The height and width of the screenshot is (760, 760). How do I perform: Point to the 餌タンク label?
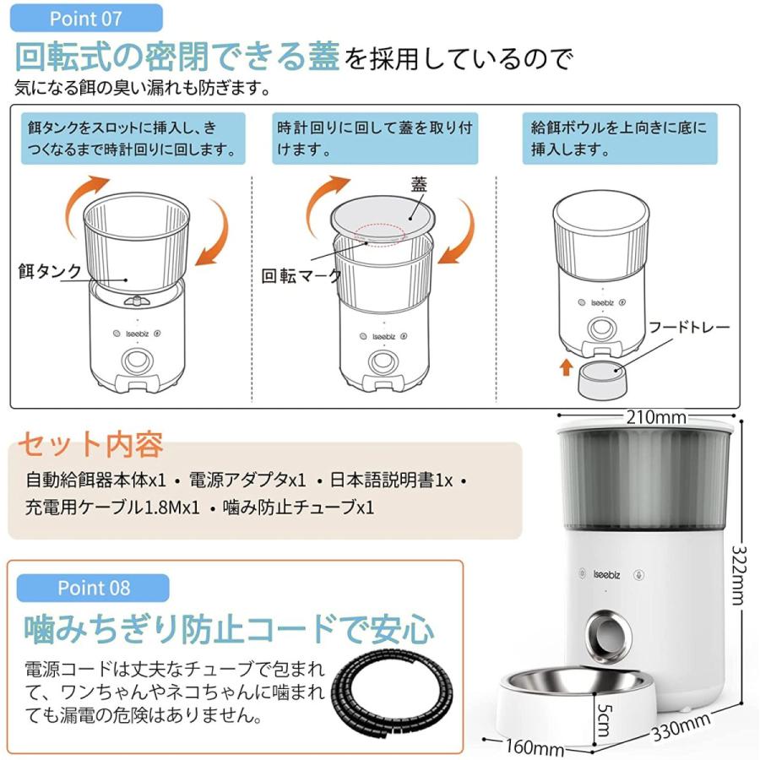[49, 271]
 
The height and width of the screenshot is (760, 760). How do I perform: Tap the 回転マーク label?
[301, 276]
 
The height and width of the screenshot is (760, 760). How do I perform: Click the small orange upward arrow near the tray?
[565, 369]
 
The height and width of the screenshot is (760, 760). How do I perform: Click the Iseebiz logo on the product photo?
[603, 566]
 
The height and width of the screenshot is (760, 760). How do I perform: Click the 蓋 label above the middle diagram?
[420, 183]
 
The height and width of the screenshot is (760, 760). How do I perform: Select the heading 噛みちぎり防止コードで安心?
[230, 629]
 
